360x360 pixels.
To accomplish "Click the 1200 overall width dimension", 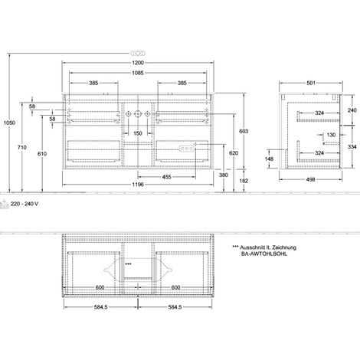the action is click(x=138, y=63).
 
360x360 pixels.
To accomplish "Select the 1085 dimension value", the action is click(x=138, y=73).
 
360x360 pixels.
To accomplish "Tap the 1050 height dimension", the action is click(x=9, y=123).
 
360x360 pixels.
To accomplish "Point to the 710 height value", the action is click(x=22, y=147).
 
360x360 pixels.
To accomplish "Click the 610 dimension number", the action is click(x=42, y=154).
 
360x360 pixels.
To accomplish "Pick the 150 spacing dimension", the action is click(x=138, y=133).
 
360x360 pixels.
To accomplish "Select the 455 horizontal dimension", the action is click(x=166, y=177).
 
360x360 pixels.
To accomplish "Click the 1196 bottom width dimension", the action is click(x=138, y=185).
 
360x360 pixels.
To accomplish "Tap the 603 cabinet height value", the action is click(x=244, y=131).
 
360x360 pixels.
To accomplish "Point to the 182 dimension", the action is click(x=244, y=181).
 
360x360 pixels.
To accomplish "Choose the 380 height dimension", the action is click(x=224, y=175).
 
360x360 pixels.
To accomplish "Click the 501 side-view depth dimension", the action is click(x=311, y=83).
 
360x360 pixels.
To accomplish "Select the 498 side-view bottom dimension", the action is click(x=310, y=179).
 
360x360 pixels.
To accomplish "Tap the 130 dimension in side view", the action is click(x=331, y=135).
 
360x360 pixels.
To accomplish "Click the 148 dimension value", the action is click(x=269, y=159).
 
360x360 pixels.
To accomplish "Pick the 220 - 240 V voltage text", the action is click(x=25, y=204).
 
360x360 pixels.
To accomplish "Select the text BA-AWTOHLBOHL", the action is click(x=264, y=254).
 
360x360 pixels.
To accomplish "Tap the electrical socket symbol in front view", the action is click(x=187, y=149).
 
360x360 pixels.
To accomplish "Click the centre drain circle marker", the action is click(x=138, y=114).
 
